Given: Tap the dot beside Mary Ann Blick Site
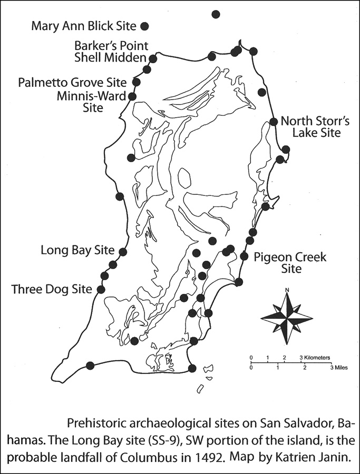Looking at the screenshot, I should (144, 25).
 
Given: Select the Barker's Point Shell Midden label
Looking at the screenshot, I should (111, 52).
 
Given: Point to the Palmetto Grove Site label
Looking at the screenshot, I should (72, 83).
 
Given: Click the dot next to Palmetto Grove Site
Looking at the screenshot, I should (137, 82).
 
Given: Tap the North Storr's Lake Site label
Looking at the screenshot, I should (310, 126).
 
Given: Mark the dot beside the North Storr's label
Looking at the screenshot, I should (274, 122).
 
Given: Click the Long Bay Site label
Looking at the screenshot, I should (77, 250).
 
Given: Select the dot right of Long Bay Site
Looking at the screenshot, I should (123, 252).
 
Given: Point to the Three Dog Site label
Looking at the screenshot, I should (51, 289).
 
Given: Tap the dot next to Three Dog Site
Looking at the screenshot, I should (100, 289).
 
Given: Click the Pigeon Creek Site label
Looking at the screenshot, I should (290, 263).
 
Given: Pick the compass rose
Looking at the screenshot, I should (287, 317).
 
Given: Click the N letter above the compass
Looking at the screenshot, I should (287, 289).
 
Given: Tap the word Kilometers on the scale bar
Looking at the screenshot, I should (316, 357).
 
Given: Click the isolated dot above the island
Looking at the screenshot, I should (215, 14).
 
